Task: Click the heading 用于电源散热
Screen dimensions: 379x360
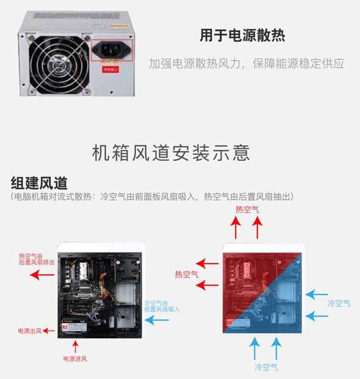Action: pos(242,35)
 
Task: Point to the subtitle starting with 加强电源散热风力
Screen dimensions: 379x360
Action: pos(246,63)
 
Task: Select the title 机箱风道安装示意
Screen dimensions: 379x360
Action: pos(171,153)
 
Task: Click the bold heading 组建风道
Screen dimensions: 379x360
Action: pos(39,183)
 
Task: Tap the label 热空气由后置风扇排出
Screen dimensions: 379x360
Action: pos(36,259)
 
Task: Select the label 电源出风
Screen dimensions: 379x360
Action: pos(30,331)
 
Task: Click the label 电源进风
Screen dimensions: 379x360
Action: pos(75,359)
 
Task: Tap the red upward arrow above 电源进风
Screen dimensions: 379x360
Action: pos(75,346)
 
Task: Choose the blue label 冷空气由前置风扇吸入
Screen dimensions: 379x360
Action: pos(162,306)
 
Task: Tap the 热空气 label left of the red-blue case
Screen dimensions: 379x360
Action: pos(186,275)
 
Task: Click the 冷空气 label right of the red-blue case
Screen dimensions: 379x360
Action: pos(339,303)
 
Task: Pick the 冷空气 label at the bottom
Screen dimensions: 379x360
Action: pos(266,367)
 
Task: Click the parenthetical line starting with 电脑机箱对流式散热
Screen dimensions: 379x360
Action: pos(152,197)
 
